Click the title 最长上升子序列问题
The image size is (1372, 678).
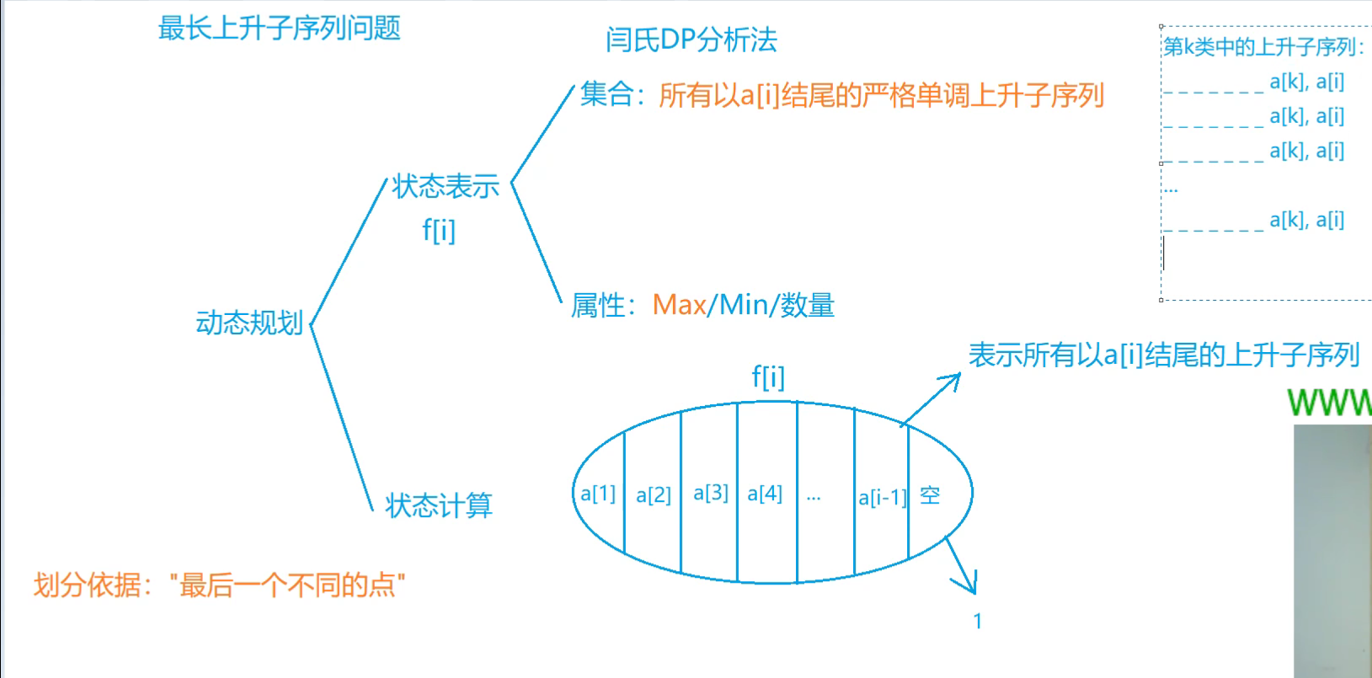point(279,29)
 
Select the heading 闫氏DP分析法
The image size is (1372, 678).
point(691,40)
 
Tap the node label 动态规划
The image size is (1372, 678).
point(249,323)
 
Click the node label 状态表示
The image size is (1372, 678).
point(445,186)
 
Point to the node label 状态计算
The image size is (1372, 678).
point(438,505)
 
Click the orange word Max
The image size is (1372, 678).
point(680,305)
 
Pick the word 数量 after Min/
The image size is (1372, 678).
point(807,305)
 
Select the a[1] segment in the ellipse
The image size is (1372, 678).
point(598,494)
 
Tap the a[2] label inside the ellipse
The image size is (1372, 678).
point(654,495)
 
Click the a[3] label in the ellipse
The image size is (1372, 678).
point(711,493)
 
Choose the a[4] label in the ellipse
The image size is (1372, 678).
point(765,494)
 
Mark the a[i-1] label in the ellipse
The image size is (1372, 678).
point(882,498)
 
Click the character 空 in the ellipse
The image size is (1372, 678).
point(930,495)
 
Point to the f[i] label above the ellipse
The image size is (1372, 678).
point(768,376)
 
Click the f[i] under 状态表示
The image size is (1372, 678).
point(439,230)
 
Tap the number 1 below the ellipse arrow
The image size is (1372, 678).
point(978,622)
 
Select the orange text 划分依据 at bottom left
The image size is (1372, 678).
point(87,585)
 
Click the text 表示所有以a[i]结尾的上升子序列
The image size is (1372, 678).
point(1164,355)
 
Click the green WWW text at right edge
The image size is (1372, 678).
point(1329,403)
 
